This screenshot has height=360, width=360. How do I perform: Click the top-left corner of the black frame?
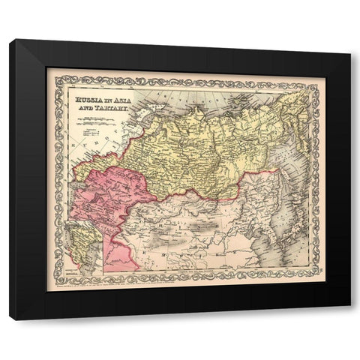pos(10,40)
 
